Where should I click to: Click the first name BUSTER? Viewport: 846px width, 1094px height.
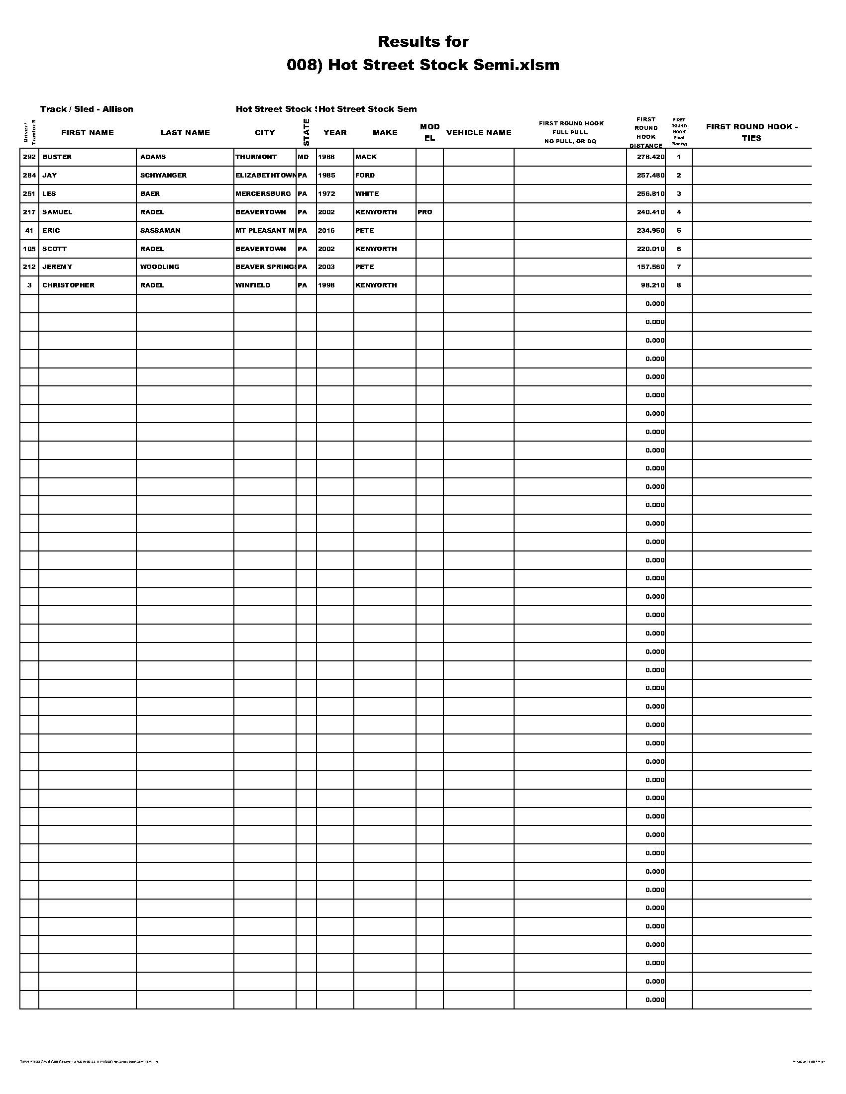[57, 157]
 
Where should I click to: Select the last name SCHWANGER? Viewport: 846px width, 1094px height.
[163, 176]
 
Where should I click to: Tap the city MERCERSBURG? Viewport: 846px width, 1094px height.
[263, 194]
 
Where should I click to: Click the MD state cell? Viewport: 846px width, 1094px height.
[303, 157]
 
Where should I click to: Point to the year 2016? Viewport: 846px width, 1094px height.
[326, 230]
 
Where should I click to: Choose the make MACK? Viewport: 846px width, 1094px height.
[366, 157]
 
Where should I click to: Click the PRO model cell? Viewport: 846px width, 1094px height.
[424, 212]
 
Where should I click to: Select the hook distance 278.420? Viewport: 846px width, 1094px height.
[650, 157]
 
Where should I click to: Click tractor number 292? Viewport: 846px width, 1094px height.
[29, 157]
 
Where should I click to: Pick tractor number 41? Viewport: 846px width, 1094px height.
[29, 230]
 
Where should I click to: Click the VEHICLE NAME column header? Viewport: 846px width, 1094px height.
[479, 133]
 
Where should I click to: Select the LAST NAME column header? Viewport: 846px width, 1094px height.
[185, 133]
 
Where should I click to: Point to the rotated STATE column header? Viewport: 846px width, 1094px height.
[306, 132]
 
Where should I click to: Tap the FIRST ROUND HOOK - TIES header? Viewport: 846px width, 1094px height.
[751, 132]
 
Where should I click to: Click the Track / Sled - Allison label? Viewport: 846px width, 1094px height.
[87, 109]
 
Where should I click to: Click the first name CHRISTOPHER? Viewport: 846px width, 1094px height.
[68, 285]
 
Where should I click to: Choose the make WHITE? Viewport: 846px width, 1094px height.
[367, 194]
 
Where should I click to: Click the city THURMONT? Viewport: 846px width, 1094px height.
[256, 157]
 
